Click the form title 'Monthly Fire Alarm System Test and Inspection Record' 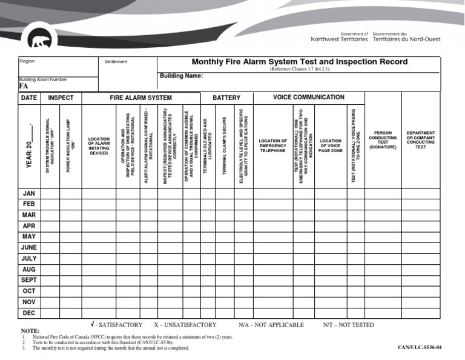[299, 62]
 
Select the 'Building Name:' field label [181, 76]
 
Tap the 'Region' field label [27, 61]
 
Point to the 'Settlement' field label [116, 62]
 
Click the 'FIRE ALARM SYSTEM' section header [140, 98]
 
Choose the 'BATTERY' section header [226, 98]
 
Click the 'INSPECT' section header [61, 98]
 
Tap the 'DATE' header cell [29, 98]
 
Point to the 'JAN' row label [29, 193]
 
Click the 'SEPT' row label [29, 281]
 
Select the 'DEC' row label [29, 313]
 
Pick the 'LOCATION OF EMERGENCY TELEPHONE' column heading [272, 145]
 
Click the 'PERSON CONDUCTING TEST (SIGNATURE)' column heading [383, 140]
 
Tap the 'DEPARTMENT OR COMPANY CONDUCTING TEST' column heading [420, 140]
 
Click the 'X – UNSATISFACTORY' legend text [185, 325]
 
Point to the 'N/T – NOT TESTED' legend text [348, 325]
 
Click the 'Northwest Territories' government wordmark [338, 39]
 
